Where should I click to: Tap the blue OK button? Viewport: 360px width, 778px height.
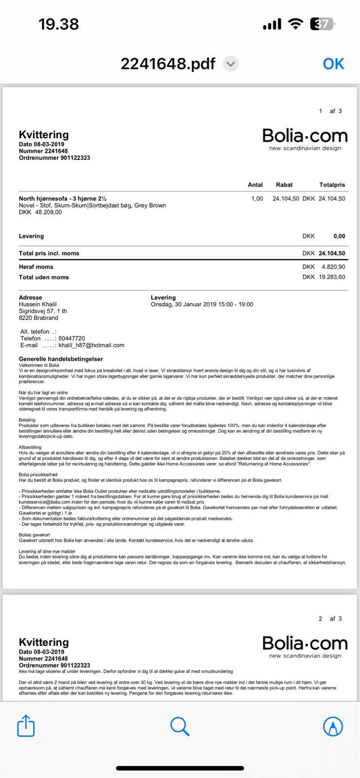click(333, 64)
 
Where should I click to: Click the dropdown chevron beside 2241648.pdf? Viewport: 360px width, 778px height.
click(231, 64)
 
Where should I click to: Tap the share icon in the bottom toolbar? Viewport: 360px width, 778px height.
click(26, 726)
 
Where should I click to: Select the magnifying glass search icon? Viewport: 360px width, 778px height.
click(180, 726)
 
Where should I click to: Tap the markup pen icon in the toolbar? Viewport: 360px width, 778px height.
click(333, 726)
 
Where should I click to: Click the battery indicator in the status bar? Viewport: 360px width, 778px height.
click(323, 24)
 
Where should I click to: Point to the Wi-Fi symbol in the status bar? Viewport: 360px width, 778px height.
click(295, 24)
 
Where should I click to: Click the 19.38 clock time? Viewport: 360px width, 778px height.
click(58, 24)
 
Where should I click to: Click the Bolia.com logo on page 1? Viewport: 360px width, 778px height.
click(305, 139)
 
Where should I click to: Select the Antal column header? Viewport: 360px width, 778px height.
click(255, 185)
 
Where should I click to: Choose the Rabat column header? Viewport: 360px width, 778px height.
click(284, 185)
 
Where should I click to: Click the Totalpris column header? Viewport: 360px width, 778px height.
click(332, 185)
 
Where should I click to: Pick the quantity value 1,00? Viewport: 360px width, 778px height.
click(257, 198)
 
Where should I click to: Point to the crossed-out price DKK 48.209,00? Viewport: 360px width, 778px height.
click(40, 212)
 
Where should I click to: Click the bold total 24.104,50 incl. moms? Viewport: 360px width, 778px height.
click(332, 253)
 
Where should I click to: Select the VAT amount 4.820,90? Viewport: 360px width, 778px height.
click(333, 267)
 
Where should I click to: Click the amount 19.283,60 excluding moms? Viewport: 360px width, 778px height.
click(332, 277)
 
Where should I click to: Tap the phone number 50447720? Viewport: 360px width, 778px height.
click(72, 338)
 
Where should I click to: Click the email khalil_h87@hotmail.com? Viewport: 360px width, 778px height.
click(91, 345)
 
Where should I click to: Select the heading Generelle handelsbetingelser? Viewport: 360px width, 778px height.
click(61, 359)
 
